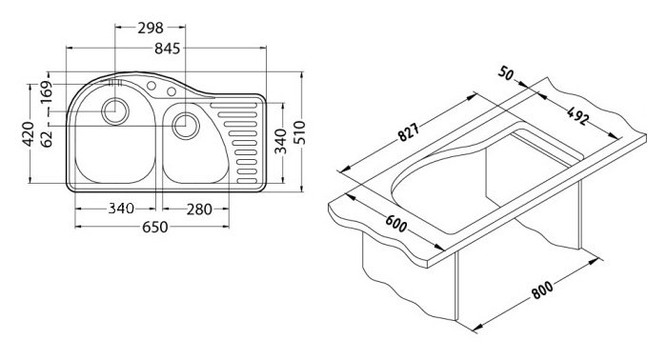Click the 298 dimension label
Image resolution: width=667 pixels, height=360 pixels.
[151, 28]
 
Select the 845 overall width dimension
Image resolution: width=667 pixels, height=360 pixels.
[167, 49]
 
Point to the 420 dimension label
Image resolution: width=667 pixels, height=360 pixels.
[29, 134]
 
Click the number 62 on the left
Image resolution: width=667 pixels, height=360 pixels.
[47, 139]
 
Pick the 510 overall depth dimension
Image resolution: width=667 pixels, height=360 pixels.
[299, 132]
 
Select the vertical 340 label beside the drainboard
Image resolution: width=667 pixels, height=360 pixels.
[281, 142]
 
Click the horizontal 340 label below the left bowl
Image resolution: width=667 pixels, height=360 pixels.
[121, 209]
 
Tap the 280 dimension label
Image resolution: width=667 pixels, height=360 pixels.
[198, 209]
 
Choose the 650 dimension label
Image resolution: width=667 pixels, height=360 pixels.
[154, 228]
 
